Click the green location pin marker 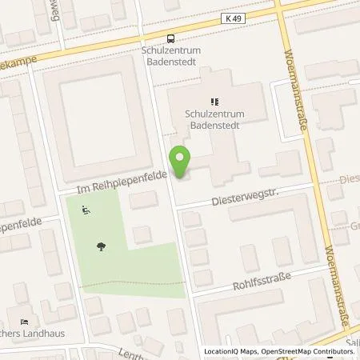coord(182,162)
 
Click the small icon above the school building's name coord(214,102)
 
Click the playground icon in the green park coord(86,211)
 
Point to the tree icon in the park coord(100,246)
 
